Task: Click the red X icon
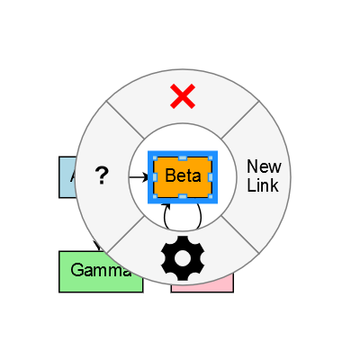[x=183, y=95]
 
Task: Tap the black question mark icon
[x=102, y=176]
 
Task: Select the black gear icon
[x=183, y=257]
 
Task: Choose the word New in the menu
[x=264, y=166]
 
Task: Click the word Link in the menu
[x=264, y=185]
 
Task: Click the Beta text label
[x=183, y=175]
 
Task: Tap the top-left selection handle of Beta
[x=155, y=157]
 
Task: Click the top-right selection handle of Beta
[x=211, y=157]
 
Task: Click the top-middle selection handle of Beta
[x=183, y=157]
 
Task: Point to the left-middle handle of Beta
[x=155, y=176]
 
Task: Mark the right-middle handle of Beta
[x=211, y=176]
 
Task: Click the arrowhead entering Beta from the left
[x=145, y=177]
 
